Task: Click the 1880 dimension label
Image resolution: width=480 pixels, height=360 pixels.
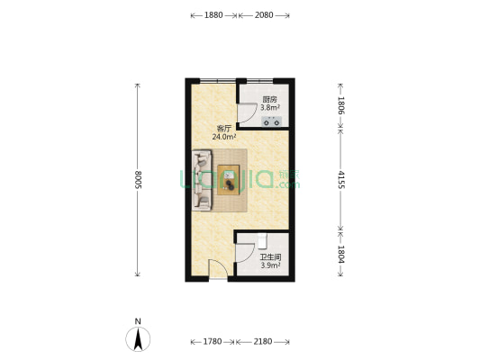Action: click(213, 15)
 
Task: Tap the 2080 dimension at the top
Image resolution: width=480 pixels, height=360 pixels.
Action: click(264, 15)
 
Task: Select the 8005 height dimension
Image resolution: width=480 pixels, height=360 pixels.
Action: click(138, 180)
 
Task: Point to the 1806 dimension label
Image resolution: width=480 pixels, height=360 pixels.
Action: click(340, 105)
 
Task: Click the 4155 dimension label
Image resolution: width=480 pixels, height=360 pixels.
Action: click(340, 180)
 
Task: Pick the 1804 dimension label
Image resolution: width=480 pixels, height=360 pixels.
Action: click(340, 254)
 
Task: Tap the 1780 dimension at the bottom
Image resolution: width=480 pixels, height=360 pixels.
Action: click(213, 341)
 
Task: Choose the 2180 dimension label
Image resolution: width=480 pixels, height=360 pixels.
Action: click(263, 341)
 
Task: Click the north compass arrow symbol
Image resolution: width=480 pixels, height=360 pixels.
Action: click(138, 339)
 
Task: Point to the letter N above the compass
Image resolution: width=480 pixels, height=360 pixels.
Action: click(138, 321)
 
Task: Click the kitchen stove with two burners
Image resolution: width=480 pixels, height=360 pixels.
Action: click(272, 121)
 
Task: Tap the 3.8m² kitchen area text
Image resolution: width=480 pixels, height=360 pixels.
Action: click(270, 108)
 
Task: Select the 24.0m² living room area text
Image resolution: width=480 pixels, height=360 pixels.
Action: click(224, 137)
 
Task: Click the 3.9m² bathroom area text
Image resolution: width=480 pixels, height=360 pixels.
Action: click(270, 265)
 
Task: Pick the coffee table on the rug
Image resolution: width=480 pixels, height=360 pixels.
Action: click(229, 180)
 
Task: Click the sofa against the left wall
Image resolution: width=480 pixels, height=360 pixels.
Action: click(202, 180)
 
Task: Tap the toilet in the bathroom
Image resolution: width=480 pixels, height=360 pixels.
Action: click(262, 241)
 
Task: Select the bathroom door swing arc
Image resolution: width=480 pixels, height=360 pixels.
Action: click(246, 253)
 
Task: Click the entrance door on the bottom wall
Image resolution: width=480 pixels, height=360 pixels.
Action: click(218, 269)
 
